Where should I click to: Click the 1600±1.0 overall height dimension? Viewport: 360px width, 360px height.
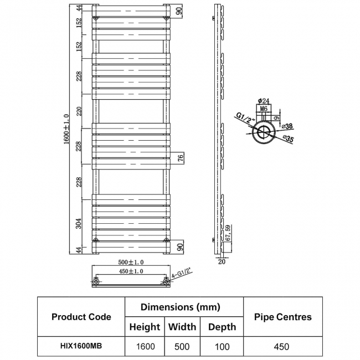pyautogui.click(x=66, y=129)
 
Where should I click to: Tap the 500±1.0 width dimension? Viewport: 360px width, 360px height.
pyautogui.click(x=131, y=262)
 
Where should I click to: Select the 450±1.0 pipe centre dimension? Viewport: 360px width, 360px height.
pyautogui.click(x=131, y=271)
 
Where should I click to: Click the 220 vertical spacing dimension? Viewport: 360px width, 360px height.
pyautogui.click(x=79, y=111)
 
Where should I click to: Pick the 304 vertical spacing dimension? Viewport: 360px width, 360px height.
pyautogui.click(x=79, y=223)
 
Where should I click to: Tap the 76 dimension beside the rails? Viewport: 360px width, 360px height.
pyautogui.click(x=181, y=158)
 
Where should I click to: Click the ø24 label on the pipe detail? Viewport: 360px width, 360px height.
pyautogui.click(x=264, y=101)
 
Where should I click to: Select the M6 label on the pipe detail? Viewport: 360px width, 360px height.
pyautogui.click(x=264, y=109)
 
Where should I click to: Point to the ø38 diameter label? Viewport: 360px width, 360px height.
pyautogui.click(x=287, y=126)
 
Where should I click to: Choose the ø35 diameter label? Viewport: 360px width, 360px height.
pyautogui.click(x=288, y=138)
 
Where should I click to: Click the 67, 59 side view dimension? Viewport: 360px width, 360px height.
pyautogui.click(x=228, y=233)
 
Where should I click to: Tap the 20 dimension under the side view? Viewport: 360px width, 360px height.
pyautogui.click(x=222, y=261)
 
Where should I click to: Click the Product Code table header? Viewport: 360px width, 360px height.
pyautogui.click(x=81, y=317)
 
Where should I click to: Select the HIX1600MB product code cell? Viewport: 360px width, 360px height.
pyautogui.click(x=81, y=346)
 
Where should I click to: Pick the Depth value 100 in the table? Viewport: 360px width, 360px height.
pyautogui.click(x=222, y=347)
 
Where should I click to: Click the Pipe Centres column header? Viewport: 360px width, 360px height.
pyautogui.click(x=283, y=317)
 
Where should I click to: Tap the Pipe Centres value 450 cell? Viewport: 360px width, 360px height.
pyautogui.click(x=281, y=347)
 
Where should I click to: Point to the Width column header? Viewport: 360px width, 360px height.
pyautogui.click(x=182, y=327)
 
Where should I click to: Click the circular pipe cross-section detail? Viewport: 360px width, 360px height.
pyautogui.click(x=264, y=132)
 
